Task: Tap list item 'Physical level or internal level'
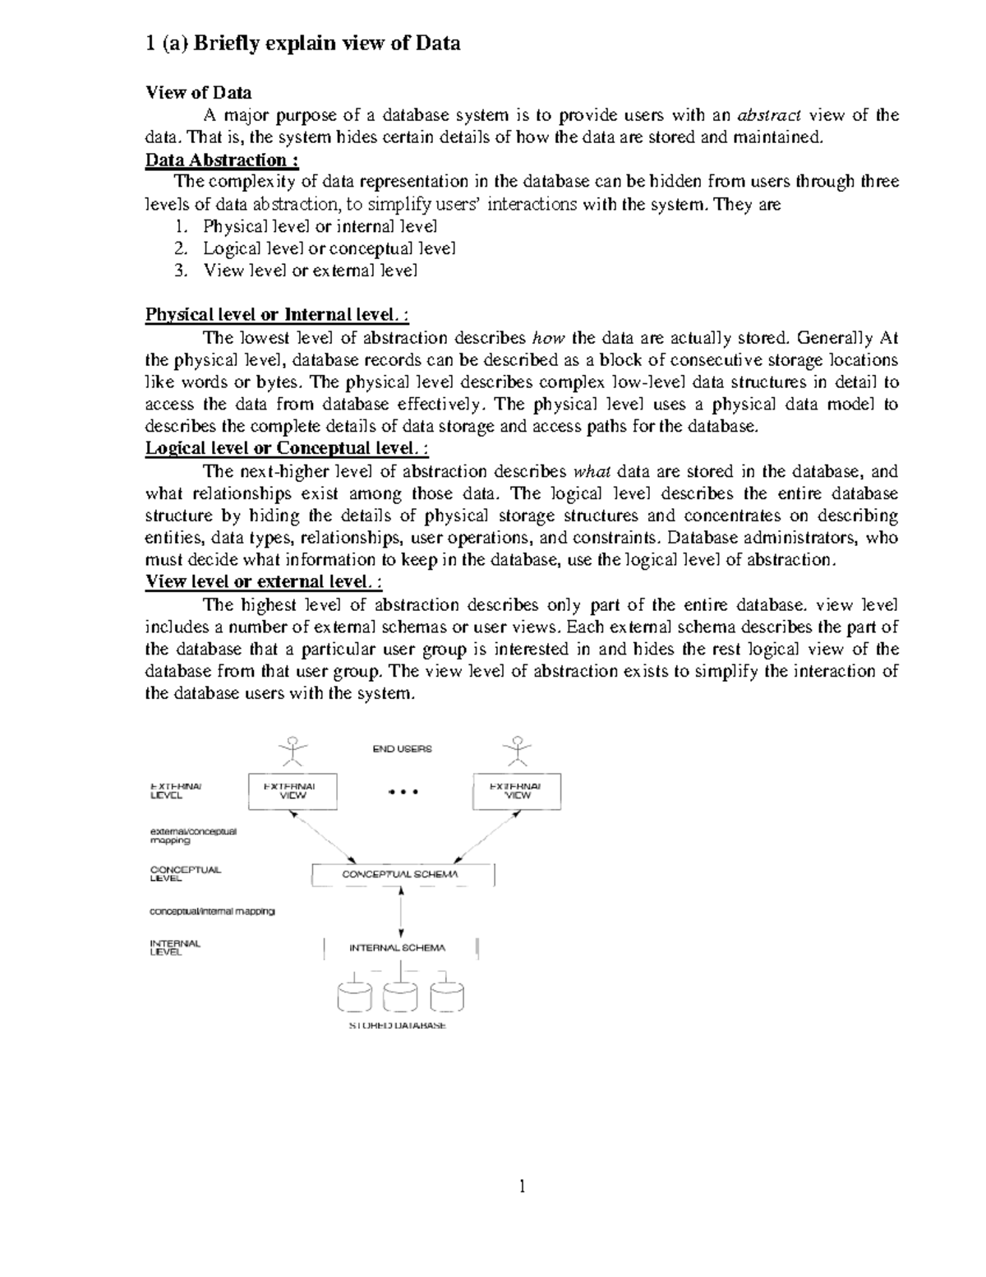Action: tap(320, 226)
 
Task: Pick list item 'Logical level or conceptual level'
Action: tap(329, 248)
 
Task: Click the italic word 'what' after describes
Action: tap(592, 472)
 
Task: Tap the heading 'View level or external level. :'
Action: tap(263, 582)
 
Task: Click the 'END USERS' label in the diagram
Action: tap(402, 749)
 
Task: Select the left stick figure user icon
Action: tap(293, 750)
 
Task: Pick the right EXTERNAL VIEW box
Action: tap(517, 791)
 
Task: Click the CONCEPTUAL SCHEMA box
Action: tap(402, 874)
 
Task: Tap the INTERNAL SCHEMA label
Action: tap(398, 947)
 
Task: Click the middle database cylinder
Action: tap(400, 996)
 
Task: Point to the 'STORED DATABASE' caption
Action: tap(398, 1025)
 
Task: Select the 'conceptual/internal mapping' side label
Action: tap(212, 911)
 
